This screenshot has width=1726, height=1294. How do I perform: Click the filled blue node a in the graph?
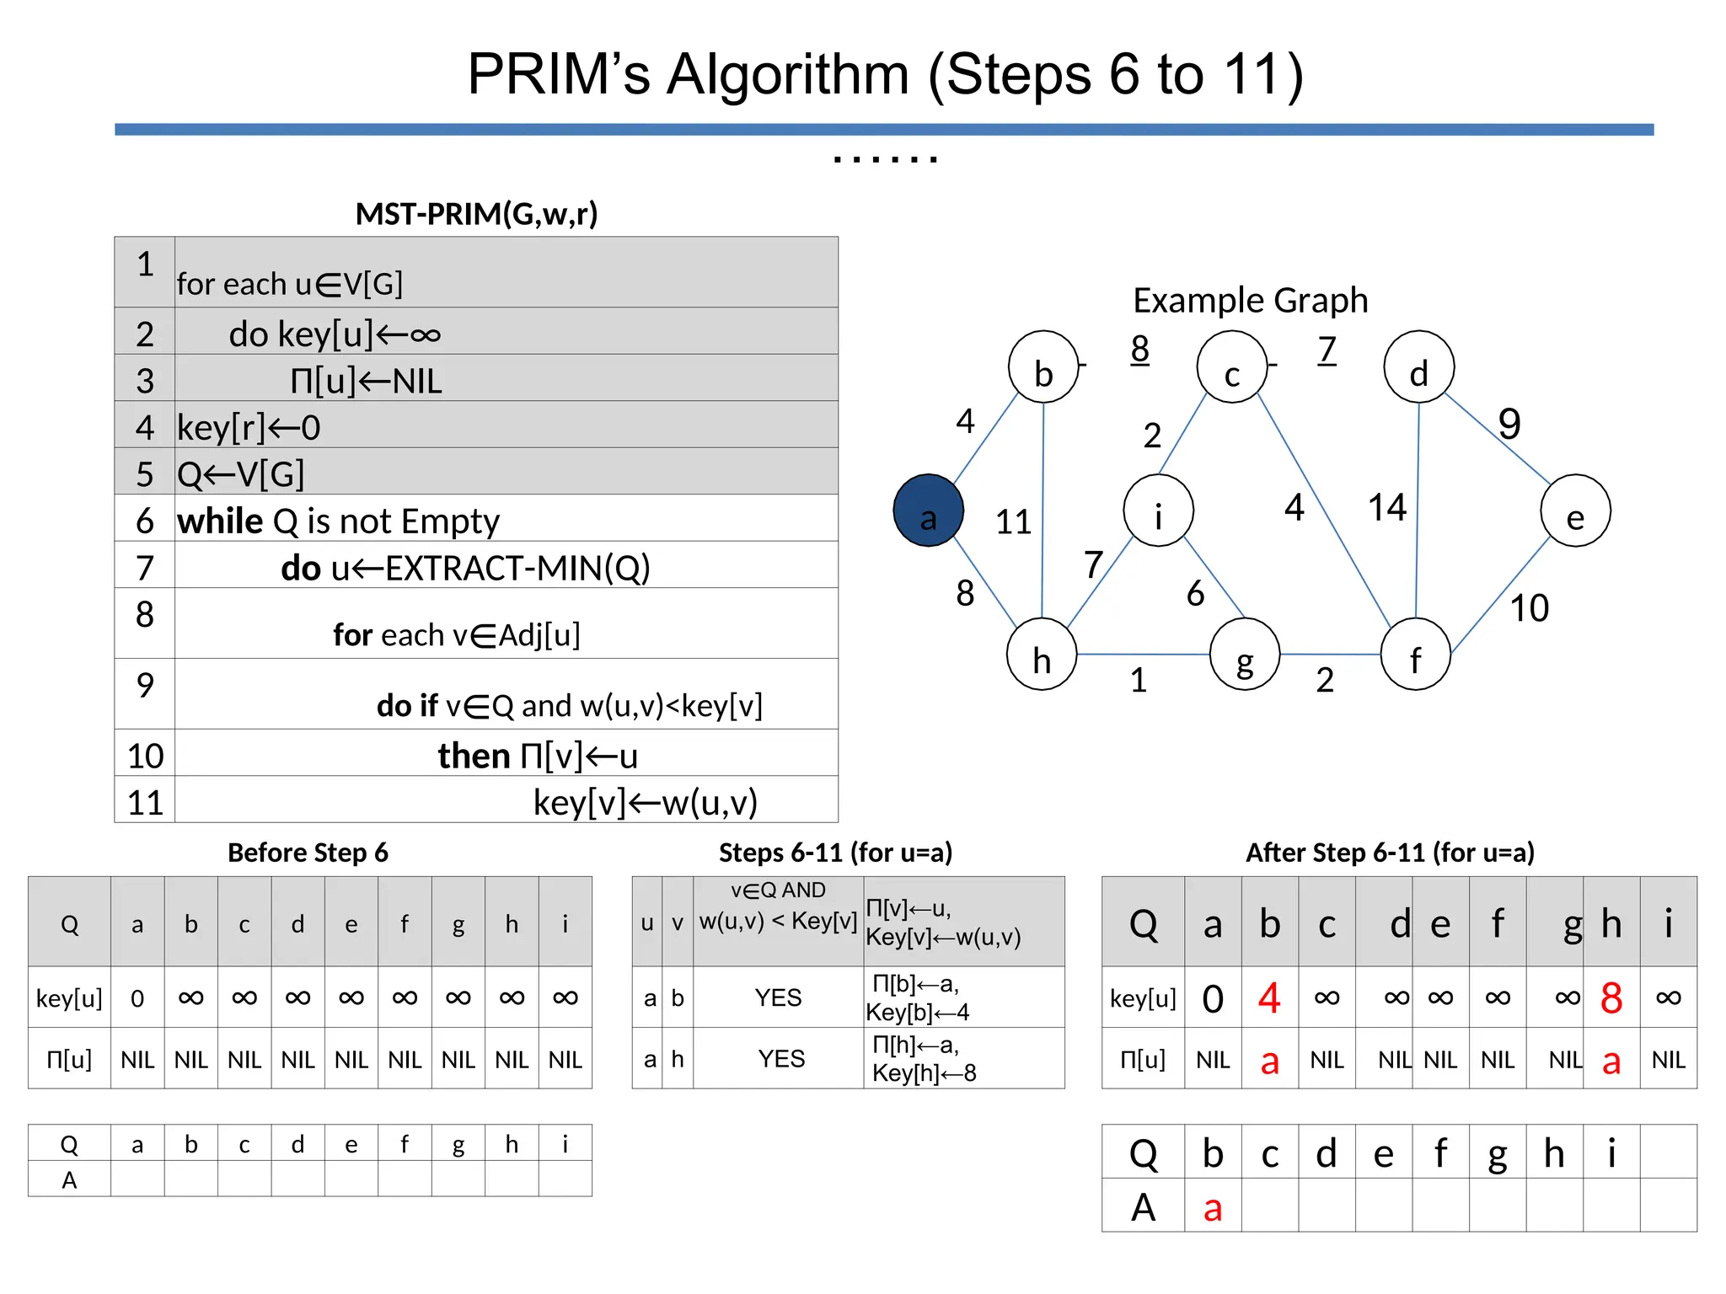point(928,511)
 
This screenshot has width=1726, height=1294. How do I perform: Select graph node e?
point(1575,511)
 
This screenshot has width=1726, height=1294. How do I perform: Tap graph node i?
point(1158,511)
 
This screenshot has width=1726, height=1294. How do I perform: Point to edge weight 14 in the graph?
point(1386,507)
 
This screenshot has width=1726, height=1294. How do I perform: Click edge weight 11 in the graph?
point(1013,522)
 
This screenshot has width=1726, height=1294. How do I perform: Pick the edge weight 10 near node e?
point(1529,608)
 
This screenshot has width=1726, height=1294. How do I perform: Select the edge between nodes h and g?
point(1143,654)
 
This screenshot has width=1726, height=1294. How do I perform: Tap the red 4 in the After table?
point(1269,998)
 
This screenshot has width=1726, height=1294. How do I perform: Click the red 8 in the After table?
point(1611,998)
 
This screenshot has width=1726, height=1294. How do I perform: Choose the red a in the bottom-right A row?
point(1212,1208)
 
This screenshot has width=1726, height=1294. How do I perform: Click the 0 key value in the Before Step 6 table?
point(137,999)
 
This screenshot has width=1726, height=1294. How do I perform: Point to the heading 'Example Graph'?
point(1250,301)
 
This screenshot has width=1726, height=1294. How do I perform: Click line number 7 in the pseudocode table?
point(145,568)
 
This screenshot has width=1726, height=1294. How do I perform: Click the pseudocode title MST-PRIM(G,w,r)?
point(476,214)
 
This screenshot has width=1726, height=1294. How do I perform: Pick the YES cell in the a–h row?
point(780,1059)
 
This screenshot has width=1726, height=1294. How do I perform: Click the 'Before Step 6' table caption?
point(308,853)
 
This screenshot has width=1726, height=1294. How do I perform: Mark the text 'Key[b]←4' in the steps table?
point(918,1013)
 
